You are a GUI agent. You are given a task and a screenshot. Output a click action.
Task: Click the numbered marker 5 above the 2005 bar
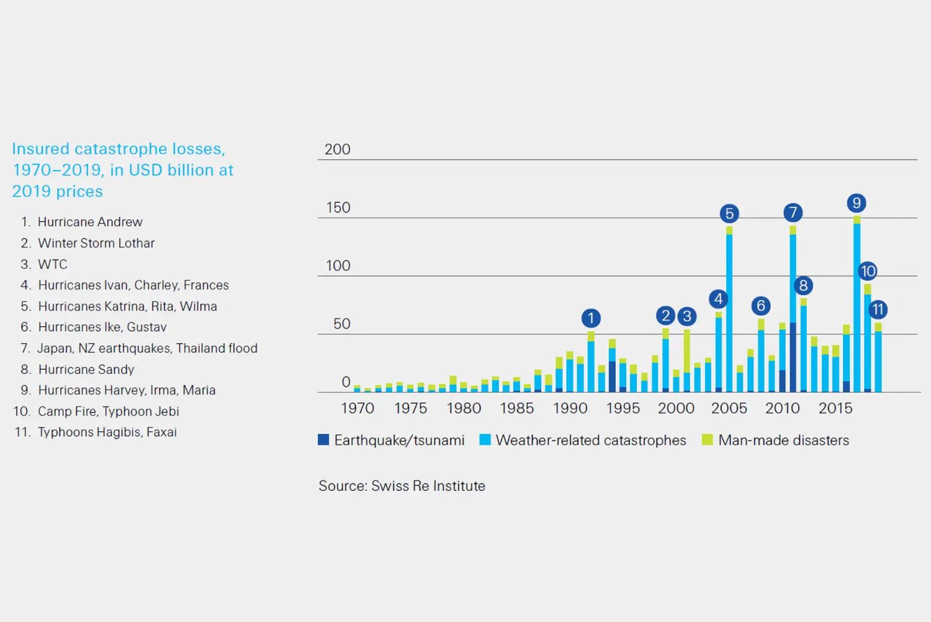pyautogui.click(x=729, y=214)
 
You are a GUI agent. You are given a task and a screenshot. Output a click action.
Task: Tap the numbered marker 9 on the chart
pyautogui.click(x=857, y=203)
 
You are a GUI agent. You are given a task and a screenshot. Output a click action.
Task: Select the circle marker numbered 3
pyautogui.click(x=686, y=316)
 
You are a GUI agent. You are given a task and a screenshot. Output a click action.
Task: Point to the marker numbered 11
pyautogui.click(x=878, y=309)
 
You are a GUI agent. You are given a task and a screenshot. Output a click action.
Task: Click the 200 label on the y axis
pyautogui.click(x=337, y=150)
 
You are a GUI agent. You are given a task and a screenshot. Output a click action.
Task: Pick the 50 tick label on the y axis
pyautogui.click(x=341, y=324)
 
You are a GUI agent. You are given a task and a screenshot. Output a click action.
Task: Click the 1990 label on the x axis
pyautogui.click(x=570, y=408)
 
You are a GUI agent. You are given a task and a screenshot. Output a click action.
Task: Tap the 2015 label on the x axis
pyautogui.click(x=835, y=408)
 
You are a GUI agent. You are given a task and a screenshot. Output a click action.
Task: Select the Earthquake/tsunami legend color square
pyautogui.click(x=323, y=440)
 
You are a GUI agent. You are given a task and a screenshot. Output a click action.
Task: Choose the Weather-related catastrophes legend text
pyautogui.click(x=590, y=441)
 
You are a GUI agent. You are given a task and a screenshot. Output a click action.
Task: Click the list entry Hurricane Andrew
pyautogui.click(x=90, y=222)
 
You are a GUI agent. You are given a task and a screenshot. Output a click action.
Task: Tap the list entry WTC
pyautogui.click(x=53, y=264)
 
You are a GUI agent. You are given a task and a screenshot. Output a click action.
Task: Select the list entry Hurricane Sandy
pyautogui.click(x=86, y=370)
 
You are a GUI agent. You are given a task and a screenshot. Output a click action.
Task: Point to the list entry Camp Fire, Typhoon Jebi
pyautogui.click(x=108, y=411)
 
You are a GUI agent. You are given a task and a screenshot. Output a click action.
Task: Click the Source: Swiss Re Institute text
pyautogui.click(x=402, y=486)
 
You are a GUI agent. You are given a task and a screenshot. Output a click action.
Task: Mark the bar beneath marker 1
pyautogui.click(x=591, y=367)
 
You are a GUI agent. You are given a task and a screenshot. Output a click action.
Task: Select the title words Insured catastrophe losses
pyautogui.click(x=119, y=149)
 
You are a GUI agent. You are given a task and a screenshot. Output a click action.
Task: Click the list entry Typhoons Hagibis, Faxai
pyautogui.click(x=107, y=432)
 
